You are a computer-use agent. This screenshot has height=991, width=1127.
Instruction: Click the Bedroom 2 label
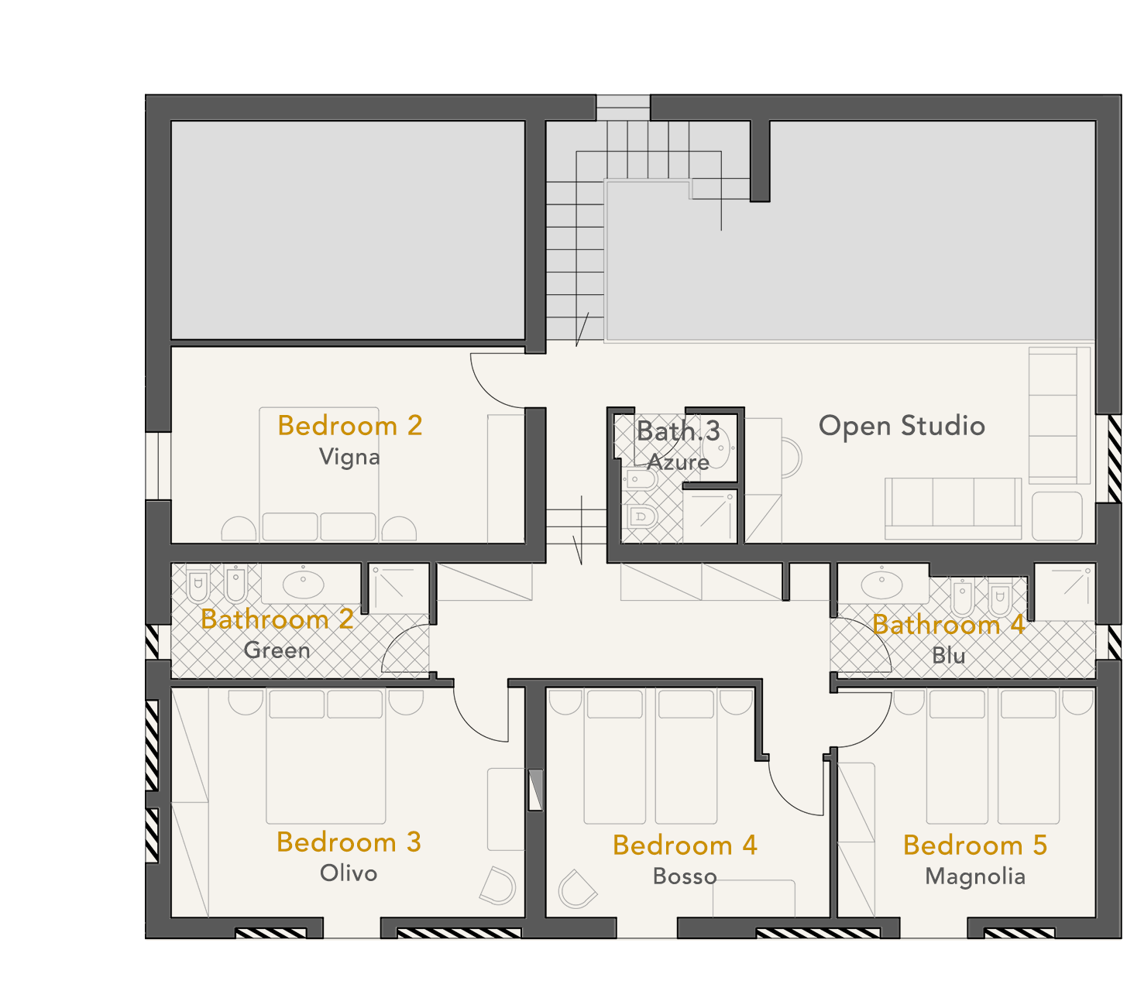349,426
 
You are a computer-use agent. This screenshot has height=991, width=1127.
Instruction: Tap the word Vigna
349,457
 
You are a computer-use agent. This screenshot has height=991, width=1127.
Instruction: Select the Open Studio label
902,427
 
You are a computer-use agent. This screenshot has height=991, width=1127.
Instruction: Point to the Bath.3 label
678,431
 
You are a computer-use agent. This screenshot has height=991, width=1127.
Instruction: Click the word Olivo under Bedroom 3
349,873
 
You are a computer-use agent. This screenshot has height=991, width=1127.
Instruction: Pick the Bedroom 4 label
685,845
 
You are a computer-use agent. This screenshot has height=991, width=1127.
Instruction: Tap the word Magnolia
975,877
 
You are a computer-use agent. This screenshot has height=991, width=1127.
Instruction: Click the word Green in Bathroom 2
277,650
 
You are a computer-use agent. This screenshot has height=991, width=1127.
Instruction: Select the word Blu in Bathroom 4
948,656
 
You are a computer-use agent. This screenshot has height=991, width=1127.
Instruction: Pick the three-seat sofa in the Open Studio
953,509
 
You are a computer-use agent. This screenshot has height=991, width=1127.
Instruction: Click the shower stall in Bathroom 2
397,588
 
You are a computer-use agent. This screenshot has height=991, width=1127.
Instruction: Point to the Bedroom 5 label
975,845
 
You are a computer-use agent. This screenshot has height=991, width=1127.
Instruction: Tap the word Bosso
685,876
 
